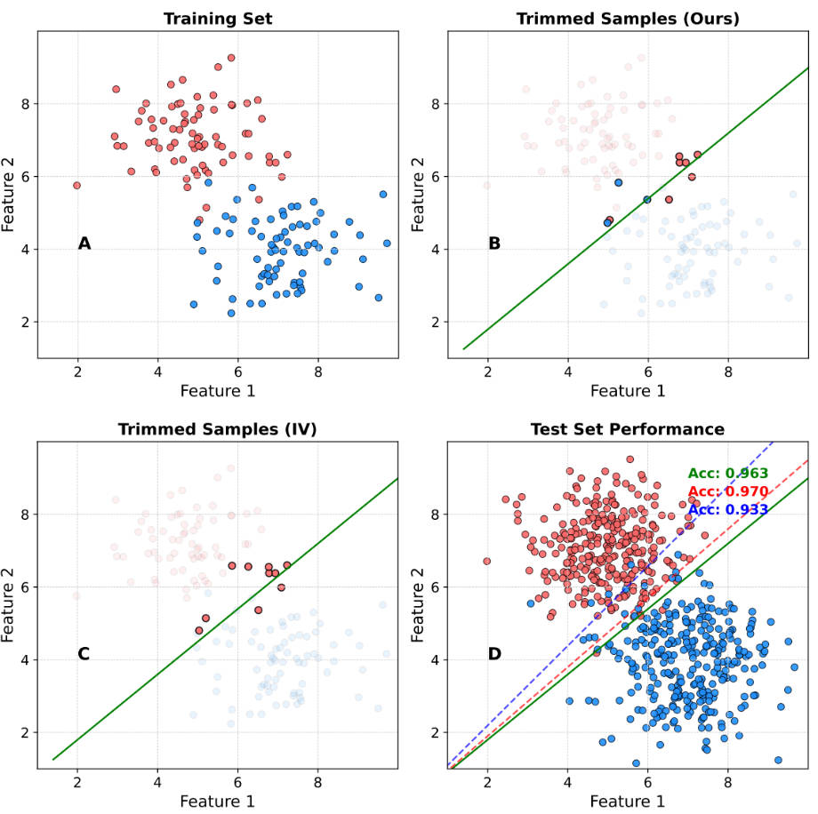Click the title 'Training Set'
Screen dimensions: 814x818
coord(217,18)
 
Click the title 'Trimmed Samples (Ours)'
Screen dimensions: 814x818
coord(628,18)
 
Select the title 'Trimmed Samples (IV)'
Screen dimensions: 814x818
coord(217,429)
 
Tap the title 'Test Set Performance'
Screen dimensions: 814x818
coord(628,429)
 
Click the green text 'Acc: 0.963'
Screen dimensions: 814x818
coord(727,474)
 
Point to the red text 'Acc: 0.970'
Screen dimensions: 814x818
coord(727,491)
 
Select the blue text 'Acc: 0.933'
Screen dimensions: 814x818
coord(727,509)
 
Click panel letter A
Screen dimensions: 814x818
coord(84,243)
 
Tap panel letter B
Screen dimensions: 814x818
coord(494,243)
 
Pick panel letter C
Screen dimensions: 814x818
coord(84,654)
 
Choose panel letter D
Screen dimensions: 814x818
coord(494,654)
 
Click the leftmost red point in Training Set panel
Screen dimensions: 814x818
coord(76,185)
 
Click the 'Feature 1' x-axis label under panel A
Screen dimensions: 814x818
coord(217,390)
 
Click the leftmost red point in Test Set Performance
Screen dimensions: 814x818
coord(486,561)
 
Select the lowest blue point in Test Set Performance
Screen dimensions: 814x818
coord(636,762)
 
